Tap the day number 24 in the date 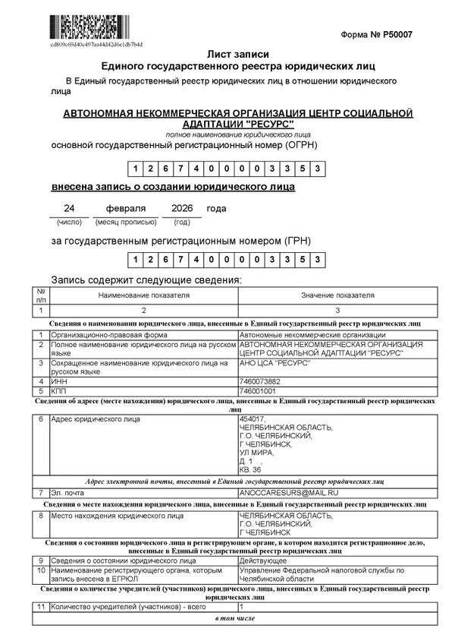click(69, 208)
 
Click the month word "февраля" click(126, 208)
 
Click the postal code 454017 click(252, 418)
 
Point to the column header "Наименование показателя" click(143, 295)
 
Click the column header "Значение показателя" click(337, 295)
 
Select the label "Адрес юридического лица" click(96, 418)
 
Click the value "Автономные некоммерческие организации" click(312, 335)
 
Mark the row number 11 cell click(41, 608)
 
